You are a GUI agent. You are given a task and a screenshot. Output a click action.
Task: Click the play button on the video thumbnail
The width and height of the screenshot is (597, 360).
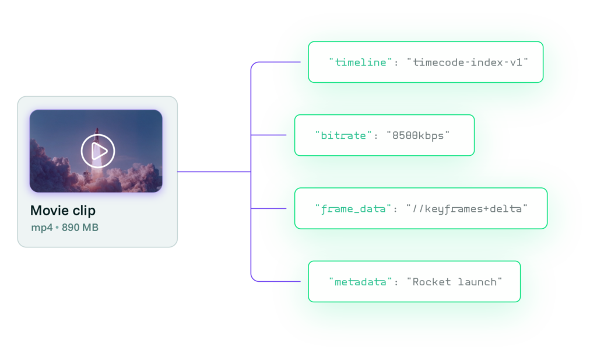tap(98, 151)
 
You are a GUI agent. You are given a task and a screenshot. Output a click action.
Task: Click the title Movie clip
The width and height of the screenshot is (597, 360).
tap(62, 211)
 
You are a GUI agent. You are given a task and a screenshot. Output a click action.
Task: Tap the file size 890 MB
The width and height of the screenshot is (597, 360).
tap(80, 228)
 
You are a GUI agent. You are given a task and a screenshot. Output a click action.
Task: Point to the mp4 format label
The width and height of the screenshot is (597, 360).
tap(41, 228)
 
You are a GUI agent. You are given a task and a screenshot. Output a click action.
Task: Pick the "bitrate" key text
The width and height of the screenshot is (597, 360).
tap(343, 135)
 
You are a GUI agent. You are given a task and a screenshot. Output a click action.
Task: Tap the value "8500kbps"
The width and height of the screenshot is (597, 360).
tap(418, 135)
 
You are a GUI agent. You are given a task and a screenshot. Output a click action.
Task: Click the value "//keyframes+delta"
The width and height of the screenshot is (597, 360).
tap(467, 208)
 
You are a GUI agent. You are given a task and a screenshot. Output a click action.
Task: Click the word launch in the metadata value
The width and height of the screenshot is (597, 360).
tap(480, 282)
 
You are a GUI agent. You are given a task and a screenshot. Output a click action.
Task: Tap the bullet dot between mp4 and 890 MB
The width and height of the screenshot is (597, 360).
tap(57, 228)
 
